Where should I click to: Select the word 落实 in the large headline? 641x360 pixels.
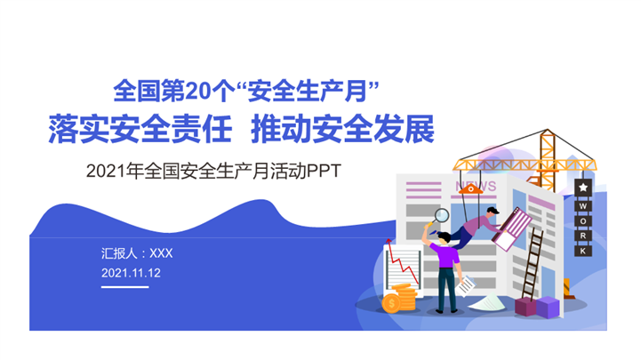[x=74, y=130]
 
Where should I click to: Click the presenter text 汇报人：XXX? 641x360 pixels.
[x=137, y=253]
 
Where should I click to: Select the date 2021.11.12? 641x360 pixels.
[x=131, y=273]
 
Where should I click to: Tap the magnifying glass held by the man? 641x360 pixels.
[x=441, y=214]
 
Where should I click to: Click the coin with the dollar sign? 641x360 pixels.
[x=391, y=304]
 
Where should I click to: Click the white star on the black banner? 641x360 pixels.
[x=582, y=188]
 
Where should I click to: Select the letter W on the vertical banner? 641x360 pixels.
[x=582, y=205]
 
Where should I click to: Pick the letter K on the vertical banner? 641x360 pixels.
[x=582, y=252]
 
